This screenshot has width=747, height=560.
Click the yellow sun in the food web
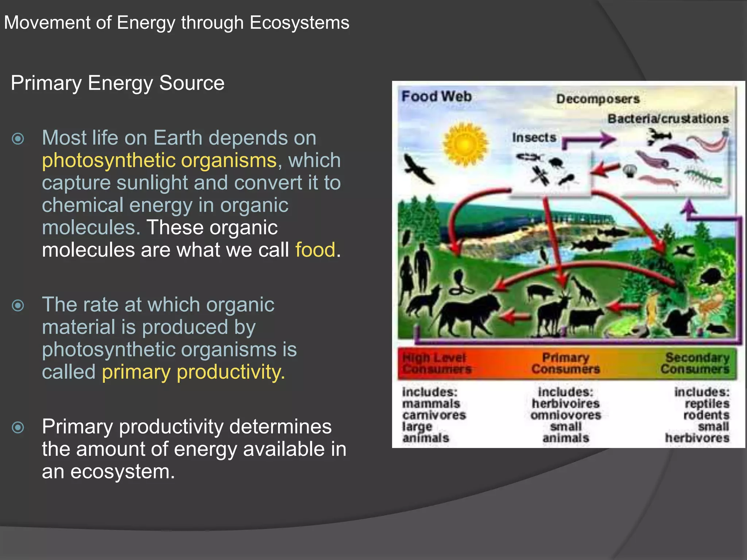point(465,144)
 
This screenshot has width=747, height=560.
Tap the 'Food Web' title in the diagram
point(436,97)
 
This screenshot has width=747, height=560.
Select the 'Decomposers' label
point(598,99)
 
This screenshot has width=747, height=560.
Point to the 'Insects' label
point(534,138)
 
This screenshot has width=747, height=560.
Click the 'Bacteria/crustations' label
point(668,119)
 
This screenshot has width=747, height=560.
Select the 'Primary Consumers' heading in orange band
point(565,363)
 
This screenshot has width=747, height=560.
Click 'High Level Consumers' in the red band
point(436,363)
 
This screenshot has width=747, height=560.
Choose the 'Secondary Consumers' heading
point(695,363)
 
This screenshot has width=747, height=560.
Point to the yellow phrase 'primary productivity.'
point(193,372)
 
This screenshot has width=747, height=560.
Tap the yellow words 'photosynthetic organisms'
point(159,160)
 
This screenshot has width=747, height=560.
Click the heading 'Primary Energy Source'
point(117,83)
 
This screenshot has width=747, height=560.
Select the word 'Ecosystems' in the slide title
point(299,23)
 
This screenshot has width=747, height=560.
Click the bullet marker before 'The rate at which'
point(18,305)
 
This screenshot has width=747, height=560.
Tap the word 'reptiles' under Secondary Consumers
point(707,404)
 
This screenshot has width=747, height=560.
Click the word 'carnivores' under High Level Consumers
point(434,415)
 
